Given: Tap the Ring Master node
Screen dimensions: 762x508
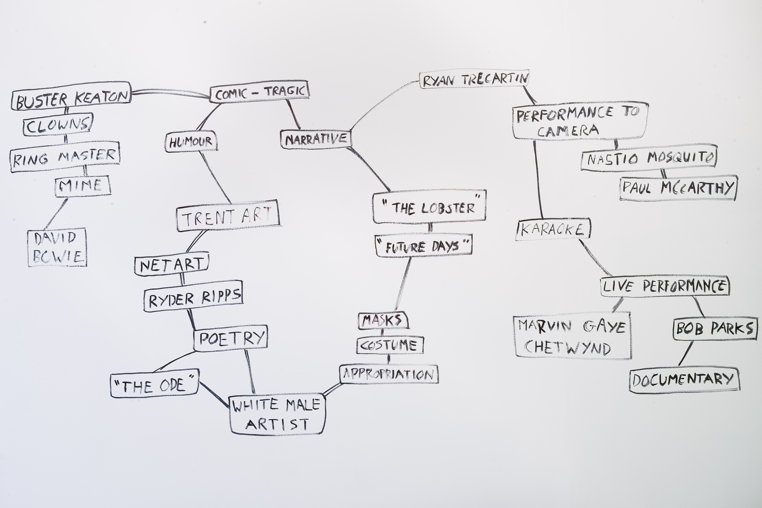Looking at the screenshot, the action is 65,157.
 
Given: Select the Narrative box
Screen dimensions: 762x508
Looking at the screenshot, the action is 316,139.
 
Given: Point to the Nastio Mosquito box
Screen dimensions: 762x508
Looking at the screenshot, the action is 649,158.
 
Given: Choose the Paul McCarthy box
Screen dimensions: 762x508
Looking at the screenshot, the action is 678,188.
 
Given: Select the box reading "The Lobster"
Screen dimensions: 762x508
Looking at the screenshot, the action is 429,207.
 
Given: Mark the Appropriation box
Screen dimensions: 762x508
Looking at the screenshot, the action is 389,374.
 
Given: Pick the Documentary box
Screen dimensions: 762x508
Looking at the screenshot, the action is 684,380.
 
